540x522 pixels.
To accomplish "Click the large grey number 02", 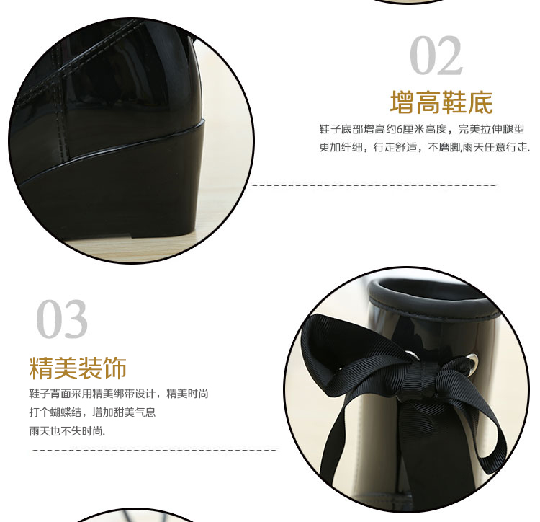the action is (x=436, y=56).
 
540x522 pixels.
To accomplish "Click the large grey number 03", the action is (x=62, y=319).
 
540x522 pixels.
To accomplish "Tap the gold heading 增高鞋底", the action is (x=441, y=102).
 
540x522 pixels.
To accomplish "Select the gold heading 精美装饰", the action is (x=78, y=368).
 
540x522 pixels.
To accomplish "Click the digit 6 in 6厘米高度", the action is (x=399, y=130).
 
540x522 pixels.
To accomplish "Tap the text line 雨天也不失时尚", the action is (x=67, y=430).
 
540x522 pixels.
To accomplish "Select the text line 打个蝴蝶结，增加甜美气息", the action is (x=92, y=412).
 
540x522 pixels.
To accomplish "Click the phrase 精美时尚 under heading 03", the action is (x=188, y=394).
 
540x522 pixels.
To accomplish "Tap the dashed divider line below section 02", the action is (x=374, y=186).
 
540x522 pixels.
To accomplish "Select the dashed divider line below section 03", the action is (x=154, y=450).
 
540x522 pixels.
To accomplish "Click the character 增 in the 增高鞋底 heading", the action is (x=402, y=102).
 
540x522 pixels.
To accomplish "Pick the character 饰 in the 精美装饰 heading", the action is (x=115, y=368).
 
